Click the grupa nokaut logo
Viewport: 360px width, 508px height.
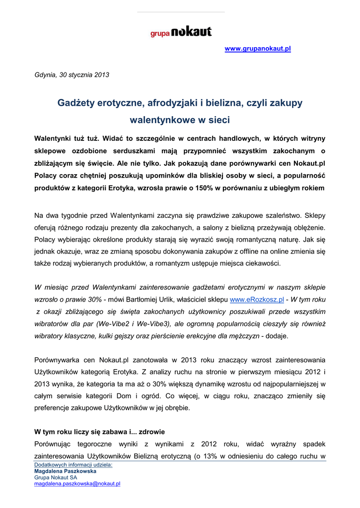coord(181,32)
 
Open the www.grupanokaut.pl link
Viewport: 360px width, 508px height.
coord(258,49)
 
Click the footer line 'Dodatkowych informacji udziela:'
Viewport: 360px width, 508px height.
coord(73,465)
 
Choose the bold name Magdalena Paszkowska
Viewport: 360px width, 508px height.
coord(65,471)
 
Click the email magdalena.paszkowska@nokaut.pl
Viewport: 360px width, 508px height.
coord(77,483)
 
